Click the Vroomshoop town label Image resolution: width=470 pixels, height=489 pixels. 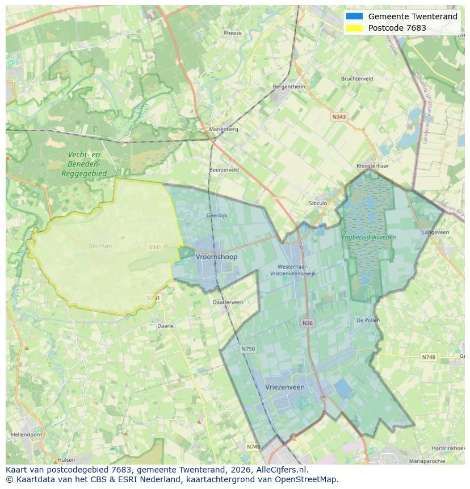pyautogui.click(x=216, y=257)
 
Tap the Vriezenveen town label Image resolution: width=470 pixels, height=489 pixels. pyautogui.click(x=285, y=387)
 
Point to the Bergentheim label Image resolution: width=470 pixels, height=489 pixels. pyautogui.click(x=289, y=86)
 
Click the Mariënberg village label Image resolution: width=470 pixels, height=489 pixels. pyautogui.click(x=224, y=129)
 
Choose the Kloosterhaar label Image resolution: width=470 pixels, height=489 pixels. pyautogui.click(x=372, y=166)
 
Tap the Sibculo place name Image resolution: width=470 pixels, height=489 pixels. pyautogui.click(x=318, y=203)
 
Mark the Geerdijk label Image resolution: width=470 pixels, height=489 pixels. pyautogui.click(x=216, y=216)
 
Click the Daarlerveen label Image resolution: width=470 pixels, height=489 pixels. pyautogui.click(x=228, y=302)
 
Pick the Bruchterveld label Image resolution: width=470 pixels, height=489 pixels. pyautogui.click(x=357, y=79)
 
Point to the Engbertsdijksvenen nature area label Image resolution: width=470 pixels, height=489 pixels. pyautogui.click(x=368, y=236)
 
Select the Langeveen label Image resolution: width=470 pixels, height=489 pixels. pyautogui.click(x=435, y=232)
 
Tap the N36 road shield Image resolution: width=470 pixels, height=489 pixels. pyautogui.click(x=307, y=323)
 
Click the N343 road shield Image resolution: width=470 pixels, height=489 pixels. pyautogui.click(x=339, y=116)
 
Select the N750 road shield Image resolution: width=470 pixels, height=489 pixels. pyautogui.click(x=248, y=349)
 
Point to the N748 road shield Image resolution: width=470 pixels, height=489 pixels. pyautogui.click(x=429, y=357)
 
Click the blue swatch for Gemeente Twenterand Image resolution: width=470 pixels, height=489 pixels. pyautogui.click(x=354, y=16)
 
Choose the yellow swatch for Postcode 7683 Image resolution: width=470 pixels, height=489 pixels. pyautogui.click(x=354, y=28)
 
